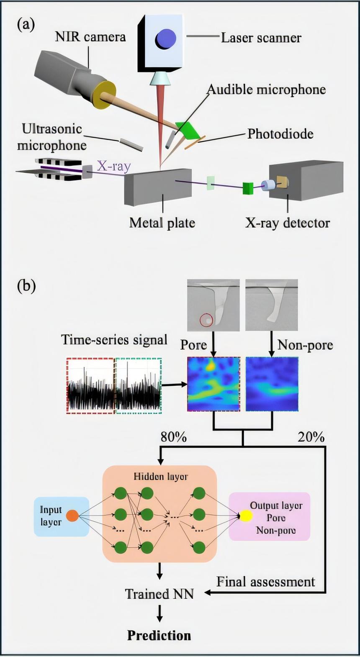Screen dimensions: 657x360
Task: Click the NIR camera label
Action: (x=90, y=37)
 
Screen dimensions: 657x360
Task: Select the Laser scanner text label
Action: (x=261, y=38)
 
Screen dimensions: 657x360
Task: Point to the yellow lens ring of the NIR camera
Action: (x=104, y=95)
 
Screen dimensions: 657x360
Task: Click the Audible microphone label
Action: (x=266, y=90)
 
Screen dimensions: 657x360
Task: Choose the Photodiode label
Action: (x=280, y=134)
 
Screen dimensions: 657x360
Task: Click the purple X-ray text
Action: (x=114, y=166)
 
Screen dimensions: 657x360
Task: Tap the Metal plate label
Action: (x=162, y=223)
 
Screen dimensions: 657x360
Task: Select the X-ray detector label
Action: (x=287, y=223)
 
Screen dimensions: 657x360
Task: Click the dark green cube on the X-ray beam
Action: (x=248, y=188)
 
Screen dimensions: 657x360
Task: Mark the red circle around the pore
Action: (x=206, y=321)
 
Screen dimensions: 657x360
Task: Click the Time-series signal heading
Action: (x=114, y=339)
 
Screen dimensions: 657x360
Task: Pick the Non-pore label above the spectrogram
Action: (x=305, y=345)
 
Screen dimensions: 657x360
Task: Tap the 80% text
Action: (x=173, y=437)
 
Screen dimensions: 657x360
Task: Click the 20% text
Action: (x=311, y=437)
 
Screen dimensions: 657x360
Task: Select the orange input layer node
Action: (x=72, y=516)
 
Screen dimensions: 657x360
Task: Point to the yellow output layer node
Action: (x=246, y=516)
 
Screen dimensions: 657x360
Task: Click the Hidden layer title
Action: (x=160, y=476)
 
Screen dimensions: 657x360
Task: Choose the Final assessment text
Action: (x=265, y=582)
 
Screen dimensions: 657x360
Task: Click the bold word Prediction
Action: (x=159, y=635)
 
